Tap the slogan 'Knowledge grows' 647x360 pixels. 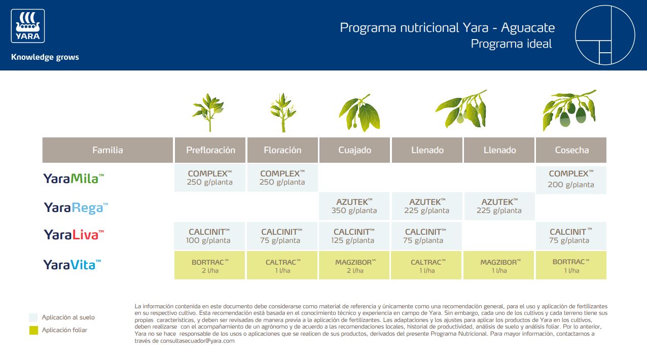point(45,57)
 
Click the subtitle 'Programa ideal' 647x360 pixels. point(511,44)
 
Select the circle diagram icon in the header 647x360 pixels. point(605,35)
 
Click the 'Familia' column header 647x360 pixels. point(107,150)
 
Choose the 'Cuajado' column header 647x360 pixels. point(354,150)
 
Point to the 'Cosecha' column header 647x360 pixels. point(571,150)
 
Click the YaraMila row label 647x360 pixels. point(74,178)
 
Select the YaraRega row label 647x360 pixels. point(76,207)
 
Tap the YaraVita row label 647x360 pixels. point(73,264)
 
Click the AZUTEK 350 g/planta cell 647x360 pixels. point(354,206)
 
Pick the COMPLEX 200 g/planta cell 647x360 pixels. point(571,179)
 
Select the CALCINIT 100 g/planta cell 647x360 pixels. point(209,236)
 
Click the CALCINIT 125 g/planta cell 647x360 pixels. point(354,236)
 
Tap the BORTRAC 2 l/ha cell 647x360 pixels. point(209,266)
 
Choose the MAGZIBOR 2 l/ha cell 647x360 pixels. point(354,266)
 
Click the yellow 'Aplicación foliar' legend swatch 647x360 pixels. point(33,331)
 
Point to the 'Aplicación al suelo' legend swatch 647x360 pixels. point(33,318)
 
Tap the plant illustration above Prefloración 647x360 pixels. point(208,113)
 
